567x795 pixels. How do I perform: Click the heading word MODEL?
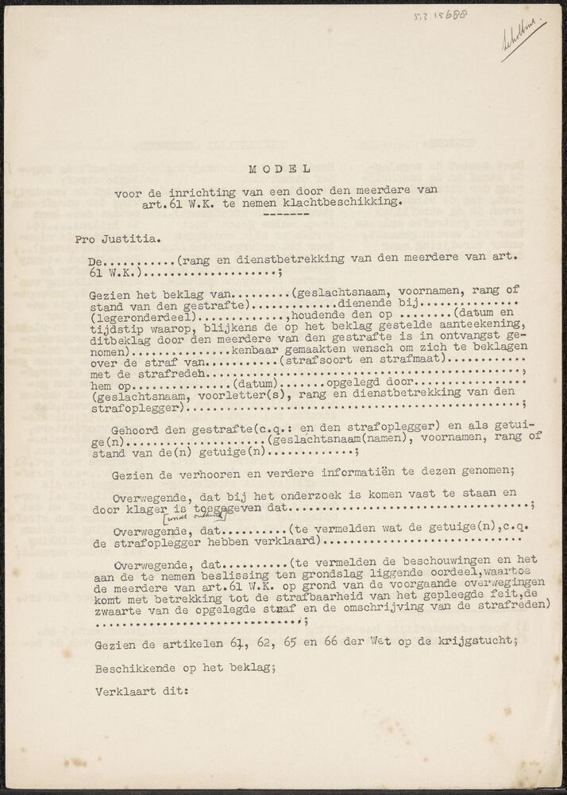[279, 169]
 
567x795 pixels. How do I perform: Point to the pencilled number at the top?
[442, 15]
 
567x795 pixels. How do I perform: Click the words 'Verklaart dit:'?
[141, 692]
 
